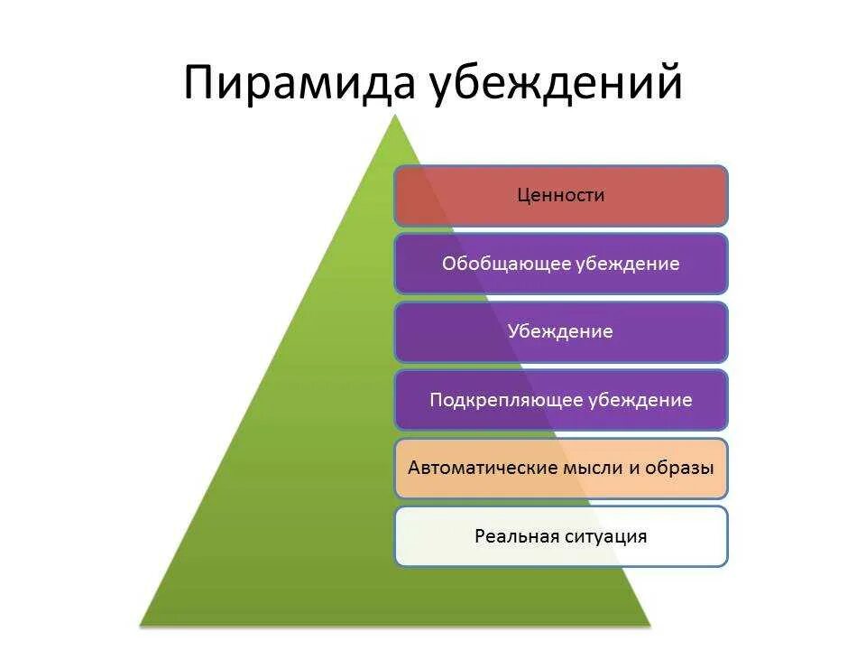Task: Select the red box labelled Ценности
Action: pos(560,195)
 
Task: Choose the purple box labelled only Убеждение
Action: pos(560,331)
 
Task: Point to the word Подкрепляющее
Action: pos(508,400)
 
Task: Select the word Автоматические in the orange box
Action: pos(473,469)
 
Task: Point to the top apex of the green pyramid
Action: pos(395,116)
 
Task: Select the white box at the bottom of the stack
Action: pos(560,536)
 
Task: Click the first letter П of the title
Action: pos(199,82)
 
